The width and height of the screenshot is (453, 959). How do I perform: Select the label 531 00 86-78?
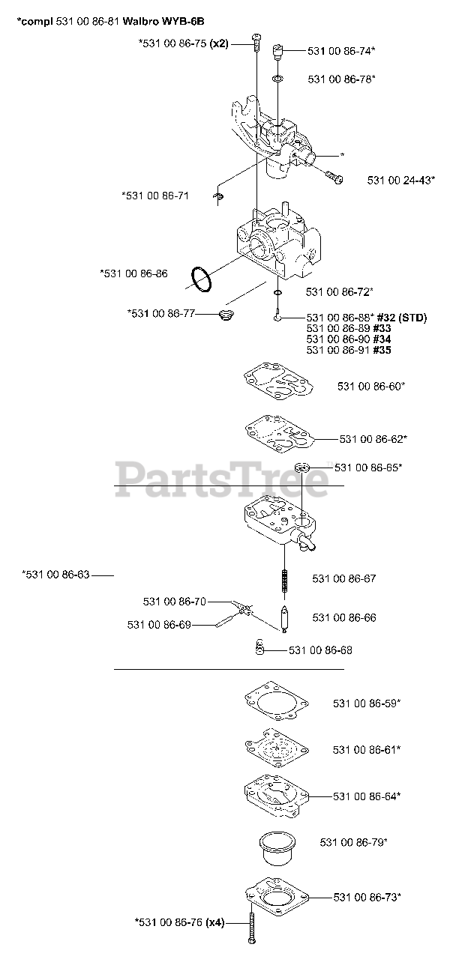click(341, 78)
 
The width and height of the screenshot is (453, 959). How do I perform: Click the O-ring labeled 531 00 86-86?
click(200, 279)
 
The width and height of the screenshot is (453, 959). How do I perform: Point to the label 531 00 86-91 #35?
click(349, 350)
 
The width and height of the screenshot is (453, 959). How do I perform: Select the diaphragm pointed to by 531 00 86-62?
click(277, 432)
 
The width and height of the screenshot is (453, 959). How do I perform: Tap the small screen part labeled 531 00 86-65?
click(301, 468)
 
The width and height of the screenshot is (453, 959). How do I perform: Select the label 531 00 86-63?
click(57, 575)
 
